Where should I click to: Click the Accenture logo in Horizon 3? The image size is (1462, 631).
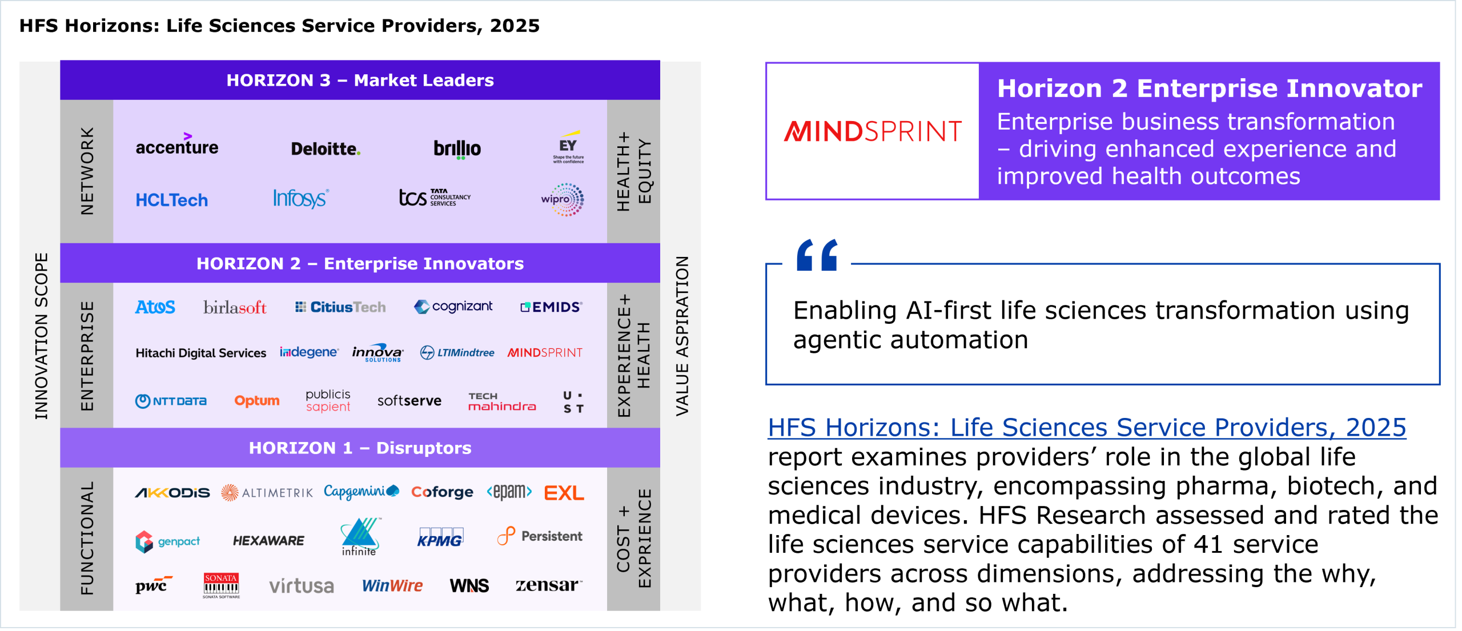click(x=177, y=145)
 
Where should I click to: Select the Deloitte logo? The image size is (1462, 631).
click(x=326, y=149)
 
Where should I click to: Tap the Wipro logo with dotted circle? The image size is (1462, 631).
click(x=563, y=200)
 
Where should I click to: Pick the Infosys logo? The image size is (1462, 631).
click(x=301, y=199)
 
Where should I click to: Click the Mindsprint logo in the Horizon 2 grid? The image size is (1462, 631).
click(x=545, y=353)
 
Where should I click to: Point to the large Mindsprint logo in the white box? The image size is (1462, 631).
click(x=873, y=131)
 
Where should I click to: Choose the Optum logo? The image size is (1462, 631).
click(x=257, y=401)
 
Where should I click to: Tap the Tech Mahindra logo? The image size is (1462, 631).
click(x=502, y=402)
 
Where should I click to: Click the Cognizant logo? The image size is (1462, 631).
click(x=453, y=307)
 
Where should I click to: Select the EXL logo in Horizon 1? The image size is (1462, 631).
click(x=564, y=493)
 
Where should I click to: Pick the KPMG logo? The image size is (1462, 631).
click(x=440, y=537)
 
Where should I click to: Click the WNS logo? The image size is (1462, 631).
click(x=469, y=586)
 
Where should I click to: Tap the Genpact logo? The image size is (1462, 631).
click(x=168, y=541)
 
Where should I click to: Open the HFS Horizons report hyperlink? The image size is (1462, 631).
click(x=1087, y=428)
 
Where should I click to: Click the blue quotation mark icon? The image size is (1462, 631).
click(x=817, y=255)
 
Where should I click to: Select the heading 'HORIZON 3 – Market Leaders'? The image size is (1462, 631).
click(x=360, y=81)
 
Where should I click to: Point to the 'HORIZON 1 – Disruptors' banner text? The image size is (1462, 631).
click(x=360, y=448)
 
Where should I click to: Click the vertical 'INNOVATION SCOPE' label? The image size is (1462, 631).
click(x=41, y=336)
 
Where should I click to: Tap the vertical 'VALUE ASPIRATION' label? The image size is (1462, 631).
click(x=682, y=336)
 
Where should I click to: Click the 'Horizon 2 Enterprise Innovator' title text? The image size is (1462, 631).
click(x=1210, y=89)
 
